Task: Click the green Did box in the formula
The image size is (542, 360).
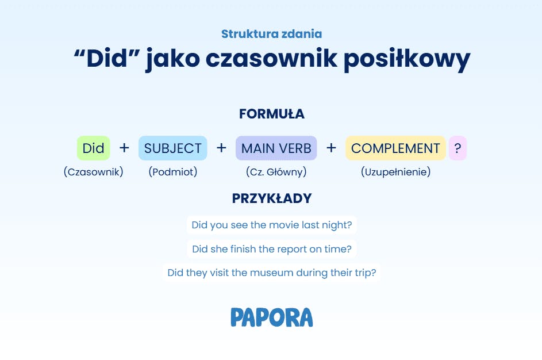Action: coord(93,148)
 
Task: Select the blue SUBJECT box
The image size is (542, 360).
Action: coord(173,148)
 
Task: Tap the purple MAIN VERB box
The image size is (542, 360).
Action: coord(276,148)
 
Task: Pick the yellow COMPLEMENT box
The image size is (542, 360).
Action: coord(395,148)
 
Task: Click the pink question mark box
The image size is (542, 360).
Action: coord(458,148)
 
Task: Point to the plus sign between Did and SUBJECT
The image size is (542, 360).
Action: coord(125,148)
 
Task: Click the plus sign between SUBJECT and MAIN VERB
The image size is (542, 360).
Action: coord(221,148)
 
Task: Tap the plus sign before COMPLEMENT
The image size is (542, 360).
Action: coord(331,148)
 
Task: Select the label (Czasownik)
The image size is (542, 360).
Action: coord(93,172)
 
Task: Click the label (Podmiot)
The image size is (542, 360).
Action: coord(173,172)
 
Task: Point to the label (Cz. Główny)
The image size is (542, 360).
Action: coord(276,172)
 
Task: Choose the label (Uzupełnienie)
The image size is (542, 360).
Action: coord(396,172)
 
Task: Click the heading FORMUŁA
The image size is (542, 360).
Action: coord(272,114)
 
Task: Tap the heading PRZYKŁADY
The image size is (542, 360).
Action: coord(272,198)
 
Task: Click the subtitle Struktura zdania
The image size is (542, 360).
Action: coord(272,34)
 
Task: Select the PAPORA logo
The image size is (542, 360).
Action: coord(272,317)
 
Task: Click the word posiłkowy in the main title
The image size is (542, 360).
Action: coord(407,59)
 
